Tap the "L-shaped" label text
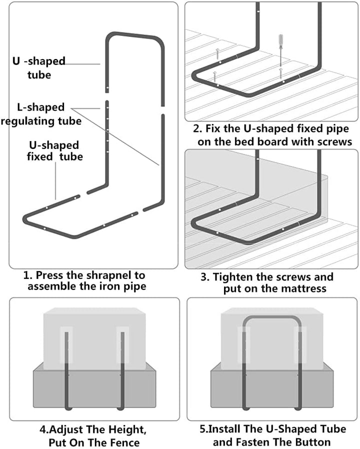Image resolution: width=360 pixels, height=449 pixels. [41, 107]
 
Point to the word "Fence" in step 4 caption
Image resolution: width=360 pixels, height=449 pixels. [122, 442]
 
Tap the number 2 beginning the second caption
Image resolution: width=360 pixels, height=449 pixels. [196, 128]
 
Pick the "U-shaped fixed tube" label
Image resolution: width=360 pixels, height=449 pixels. [54, 151]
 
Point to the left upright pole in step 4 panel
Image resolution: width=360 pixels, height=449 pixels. [66, 371]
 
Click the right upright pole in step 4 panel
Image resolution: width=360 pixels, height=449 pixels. [122, 371]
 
